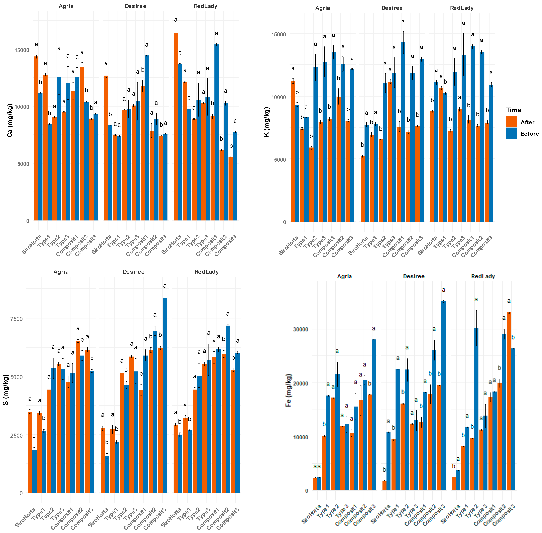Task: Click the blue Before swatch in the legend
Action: [511, 133]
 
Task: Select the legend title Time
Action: [513, 110]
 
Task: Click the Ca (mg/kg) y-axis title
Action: [10, 120]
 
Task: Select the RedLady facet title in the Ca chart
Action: [205, 6]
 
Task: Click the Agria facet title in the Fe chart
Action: [344, 276]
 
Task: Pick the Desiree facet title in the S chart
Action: [133, 272]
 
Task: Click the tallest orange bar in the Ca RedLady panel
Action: [176, 126]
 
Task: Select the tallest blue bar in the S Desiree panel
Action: [165, 395]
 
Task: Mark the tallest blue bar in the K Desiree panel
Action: [403, 132]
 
